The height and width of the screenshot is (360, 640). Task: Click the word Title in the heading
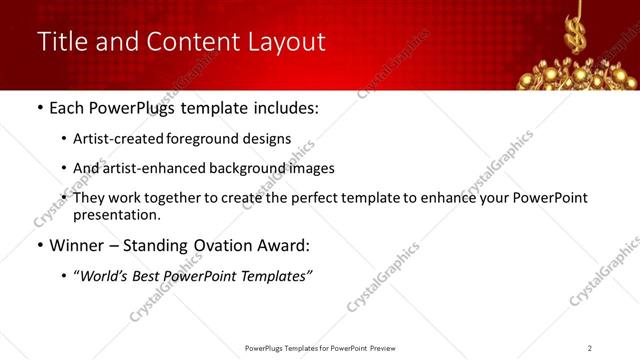[x=60, y=42]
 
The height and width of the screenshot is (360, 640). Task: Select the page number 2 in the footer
[x=590, y=348]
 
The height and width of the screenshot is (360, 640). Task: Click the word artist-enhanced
[x=147, y=168]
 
